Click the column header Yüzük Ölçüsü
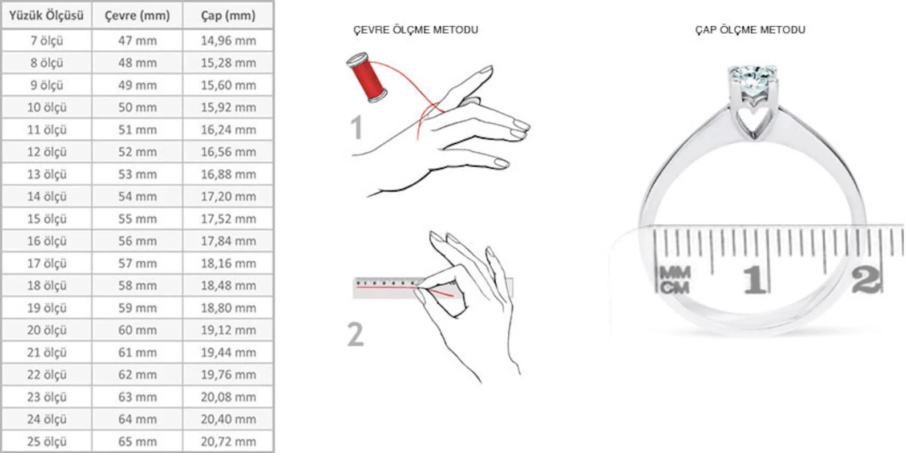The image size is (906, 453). (47, 15)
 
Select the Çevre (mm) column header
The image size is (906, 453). (137, 16)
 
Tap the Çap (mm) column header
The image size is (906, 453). (228, 16)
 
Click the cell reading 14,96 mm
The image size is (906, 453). (228, 41)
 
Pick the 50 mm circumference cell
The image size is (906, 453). (137, 107)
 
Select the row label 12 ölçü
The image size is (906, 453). (47, 152)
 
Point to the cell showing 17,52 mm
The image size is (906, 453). (228, 219)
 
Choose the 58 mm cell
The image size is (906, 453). (137, 285)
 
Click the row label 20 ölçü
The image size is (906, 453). (47, 330)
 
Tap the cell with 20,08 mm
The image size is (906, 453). (228, 397)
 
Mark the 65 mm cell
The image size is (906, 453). (137, 441)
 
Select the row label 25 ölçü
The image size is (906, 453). (47, 441)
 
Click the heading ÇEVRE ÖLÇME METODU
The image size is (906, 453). (415, 30)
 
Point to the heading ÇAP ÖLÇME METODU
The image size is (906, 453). (750, 30)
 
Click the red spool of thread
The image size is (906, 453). (367, 77)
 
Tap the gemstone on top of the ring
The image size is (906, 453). (753, 79)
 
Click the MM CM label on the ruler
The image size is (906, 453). (674, 280)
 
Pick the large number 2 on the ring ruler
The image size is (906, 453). (865, 280)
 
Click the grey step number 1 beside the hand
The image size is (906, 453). (357, 127)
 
